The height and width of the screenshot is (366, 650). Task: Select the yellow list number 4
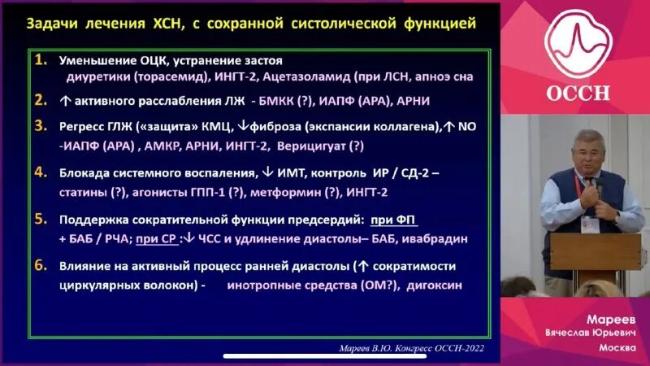tap(41, 173)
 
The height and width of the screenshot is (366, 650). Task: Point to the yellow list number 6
tap(41, 266)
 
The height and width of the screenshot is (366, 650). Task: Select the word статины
tap(82, 193)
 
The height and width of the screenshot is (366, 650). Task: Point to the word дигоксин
tap(429, 285)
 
